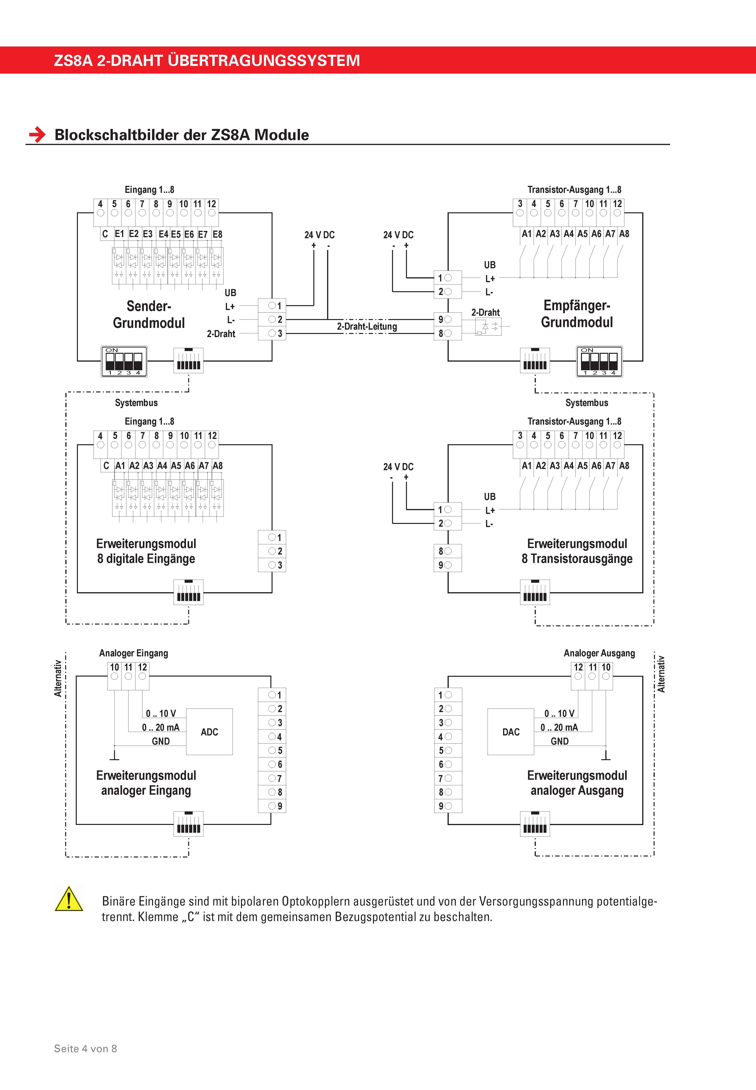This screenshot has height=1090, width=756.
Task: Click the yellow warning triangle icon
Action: tap(69, 899)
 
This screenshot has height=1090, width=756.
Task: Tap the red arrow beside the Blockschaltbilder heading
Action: tap(37, 135)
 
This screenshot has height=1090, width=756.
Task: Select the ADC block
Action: tap(209, 732)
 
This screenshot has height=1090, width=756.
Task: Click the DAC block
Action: tap(511, 732)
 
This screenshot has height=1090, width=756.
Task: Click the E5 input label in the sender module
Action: tap(176, 234)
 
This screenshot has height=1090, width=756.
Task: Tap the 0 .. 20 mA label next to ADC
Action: tap(161, 727)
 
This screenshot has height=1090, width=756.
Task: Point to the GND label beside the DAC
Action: tap(559, 741)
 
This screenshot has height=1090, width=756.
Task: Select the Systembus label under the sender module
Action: tap(136, 403)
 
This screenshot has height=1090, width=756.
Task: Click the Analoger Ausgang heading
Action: tap(599, 653)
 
